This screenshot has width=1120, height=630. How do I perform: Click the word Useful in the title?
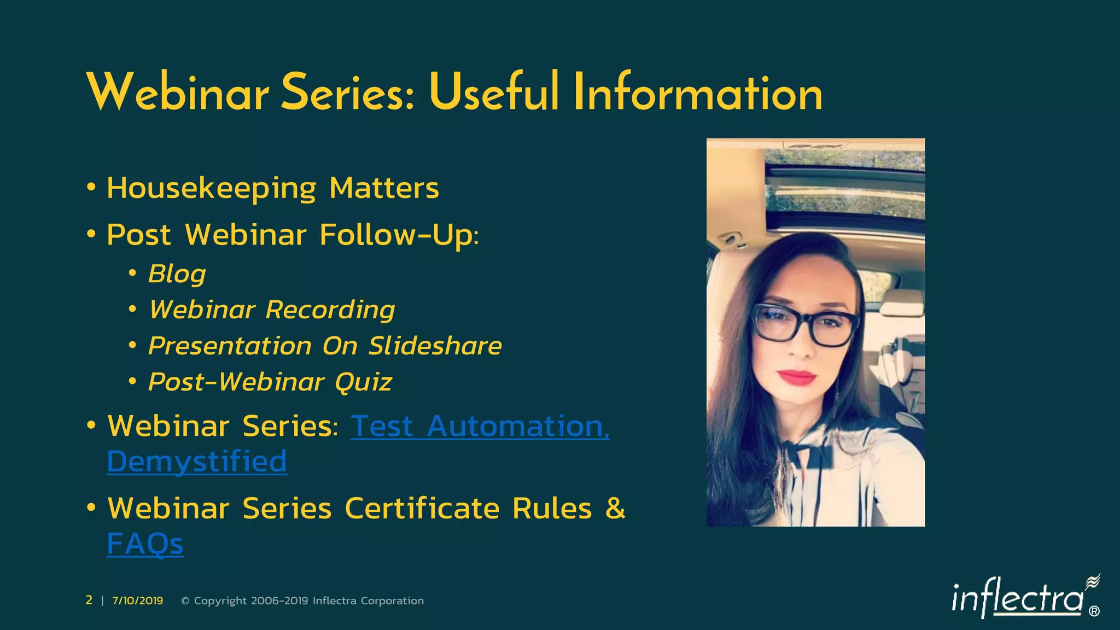[494, 93]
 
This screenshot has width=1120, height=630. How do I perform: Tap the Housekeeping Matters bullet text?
[272, 188]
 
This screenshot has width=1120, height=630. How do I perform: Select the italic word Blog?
[177, 273]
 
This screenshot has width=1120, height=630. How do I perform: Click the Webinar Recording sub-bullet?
[272, 310]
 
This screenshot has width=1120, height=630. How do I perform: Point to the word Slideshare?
[435, 346]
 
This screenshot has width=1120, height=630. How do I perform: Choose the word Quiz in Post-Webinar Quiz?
[363, 382]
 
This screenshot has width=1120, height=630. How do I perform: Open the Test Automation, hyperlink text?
[480, 426]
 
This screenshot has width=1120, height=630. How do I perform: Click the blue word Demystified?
[197, 462]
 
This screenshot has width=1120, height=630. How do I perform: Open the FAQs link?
[145, 544]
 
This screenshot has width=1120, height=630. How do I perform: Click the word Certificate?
[422, 509]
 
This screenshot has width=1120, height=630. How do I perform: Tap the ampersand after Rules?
[615, 508]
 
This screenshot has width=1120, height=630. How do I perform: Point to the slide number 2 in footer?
[89, 600]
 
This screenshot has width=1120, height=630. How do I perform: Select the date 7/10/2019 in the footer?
[138, 600]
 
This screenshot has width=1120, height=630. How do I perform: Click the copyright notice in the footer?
[302, 600]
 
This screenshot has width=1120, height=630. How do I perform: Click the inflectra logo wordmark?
[1017, 599]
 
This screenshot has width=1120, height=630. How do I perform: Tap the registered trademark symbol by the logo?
[1094, 611]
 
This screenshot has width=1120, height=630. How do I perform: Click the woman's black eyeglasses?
[804, 326]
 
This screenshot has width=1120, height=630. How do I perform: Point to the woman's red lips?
[797, 377]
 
